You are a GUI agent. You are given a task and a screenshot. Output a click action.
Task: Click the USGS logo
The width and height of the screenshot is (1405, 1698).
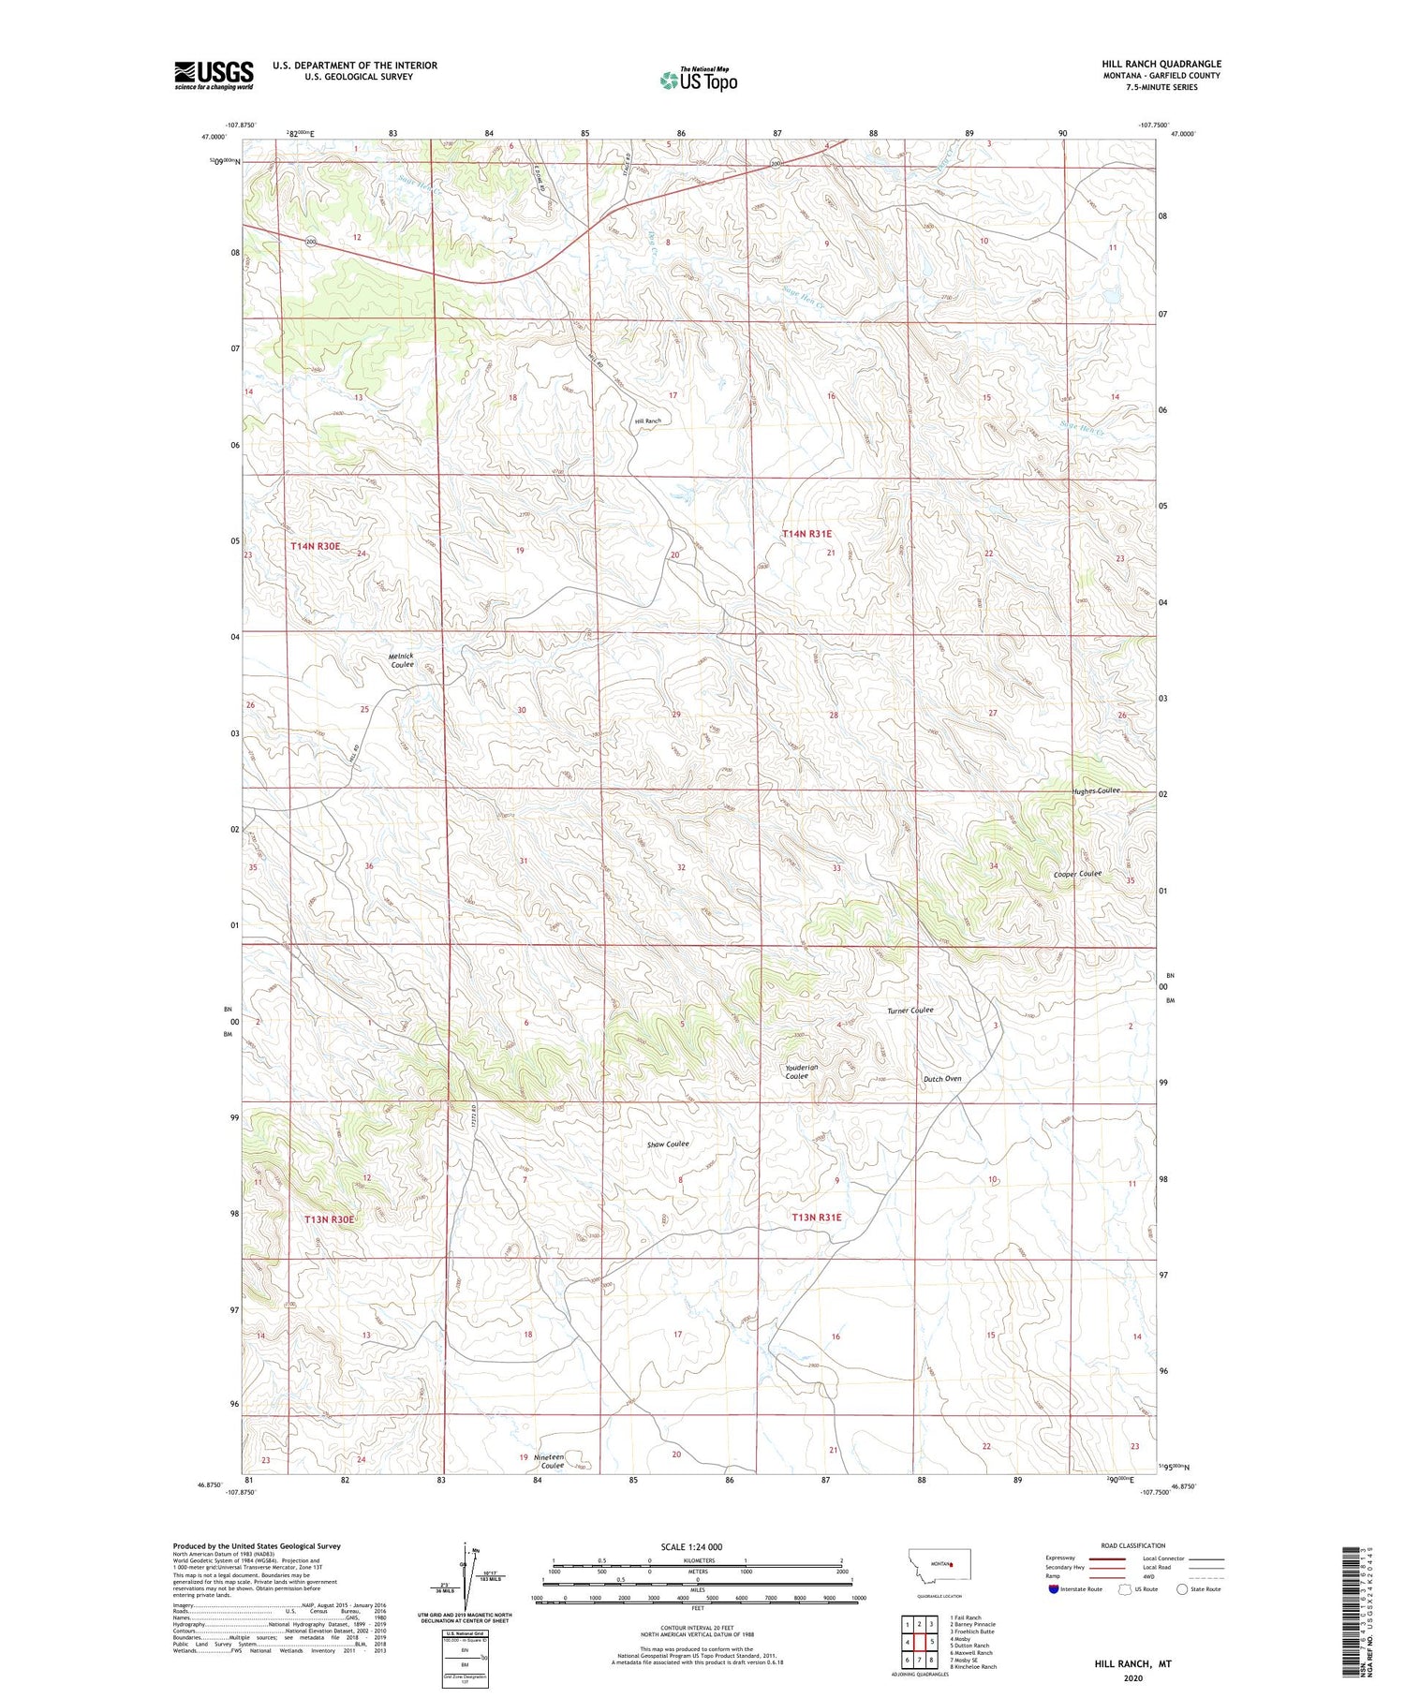[214, 75]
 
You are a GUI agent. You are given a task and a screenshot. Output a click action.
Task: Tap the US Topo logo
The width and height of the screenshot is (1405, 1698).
[698, 81]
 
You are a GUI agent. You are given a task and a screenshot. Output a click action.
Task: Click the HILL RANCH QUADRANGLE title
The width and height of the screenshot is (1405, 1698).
[1161, 64]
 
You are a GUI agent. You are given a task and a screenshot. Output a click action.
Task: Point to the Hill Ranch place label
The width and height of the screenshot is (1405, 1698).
[648, 421]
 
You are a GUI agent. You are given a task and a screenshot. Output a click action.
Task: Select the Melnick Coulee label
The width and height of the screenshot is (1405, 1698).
[401, 659]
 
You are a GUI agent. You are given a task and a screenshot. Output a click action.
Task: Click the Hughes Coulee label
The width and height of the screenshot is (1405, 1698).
[1096, 790]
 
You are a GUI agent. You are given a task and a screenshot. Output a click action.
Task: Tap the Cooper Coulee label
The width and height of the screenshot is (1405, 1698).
[1077, 874]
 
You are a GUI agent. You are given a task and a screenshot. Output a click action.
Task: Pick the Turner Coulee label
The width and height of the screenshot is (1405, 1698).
[910, 1011]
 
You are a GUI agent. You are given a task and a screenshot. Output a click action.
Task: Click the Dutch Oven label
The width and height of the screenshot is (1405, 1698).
[942, 1078]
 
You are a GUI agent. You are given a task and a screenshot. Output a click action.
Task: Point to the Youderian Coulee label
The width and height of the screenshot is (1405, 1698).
[801, 1071]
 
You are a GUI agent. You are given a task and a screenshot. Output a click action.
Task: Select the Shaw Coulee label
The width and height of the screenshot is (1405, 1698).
[668, 1144]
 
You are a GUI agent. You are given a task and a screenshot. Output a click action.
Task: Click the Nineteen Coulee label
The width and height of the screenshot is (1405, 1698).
[549, 1461]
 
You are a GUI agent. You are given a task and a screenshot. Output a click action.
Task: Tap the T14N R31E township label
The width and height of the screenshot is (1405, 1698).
[806, 533]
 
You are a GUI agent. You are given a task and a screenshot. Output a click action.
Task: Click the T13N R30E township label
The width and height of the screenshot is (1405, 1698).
[330, 1218]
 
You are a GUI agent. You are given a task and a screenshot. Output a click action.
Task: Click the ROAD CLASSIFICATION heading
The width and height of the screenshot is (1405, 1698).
[1133, 1545]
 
